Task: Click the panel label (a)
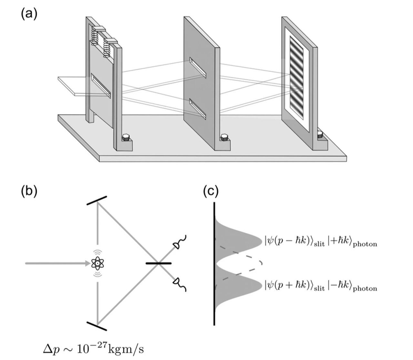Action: (29, 15)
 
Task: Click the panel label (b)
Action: (29, 191)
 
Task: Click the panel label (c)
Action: (211, 191)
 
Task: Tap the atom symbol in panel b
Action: (97, 264)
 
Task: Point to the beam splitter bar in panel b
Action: (159, 263)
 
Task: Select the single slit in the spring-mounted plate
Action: (101, 85)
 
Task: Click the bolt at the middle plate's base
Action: (223, 139)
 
